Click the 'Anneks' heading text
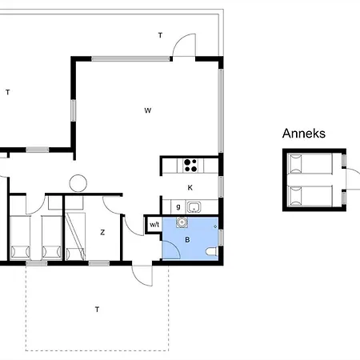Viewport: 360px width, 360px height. (304, 134)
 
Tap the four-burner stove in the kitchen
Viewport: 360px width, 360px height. (190, 166)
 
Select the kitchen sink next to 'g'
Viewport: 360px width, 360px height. (194, 207)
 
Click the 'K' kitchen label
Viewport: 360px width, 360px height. (190, 188)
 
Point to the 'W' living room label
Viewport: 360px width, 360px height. (148, 110)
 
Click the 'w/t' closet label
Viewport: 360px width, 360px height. (154, 225)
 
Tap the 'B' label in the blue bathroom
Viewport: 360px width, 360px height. (187, 240)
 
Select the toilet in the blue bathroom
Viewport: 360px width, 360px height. (212, 252)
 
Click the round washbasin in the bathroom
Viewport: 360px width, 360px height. (182, 222)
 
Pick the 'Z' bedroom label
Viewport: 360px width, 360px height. (102, 233)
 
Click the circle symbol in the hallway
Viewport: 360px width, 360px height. (78, 183)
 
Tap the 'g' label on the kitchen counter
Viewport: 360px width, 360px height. (178, 206)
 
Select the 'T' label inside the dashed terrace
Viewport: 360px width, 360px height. (97, 310)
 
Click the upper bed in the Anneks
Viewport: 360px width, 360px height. (310, 164)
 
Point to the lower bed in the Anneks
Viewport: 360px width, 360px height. (310, 195)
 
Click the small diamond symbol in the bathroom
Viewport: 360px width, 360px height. (215, 226)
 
